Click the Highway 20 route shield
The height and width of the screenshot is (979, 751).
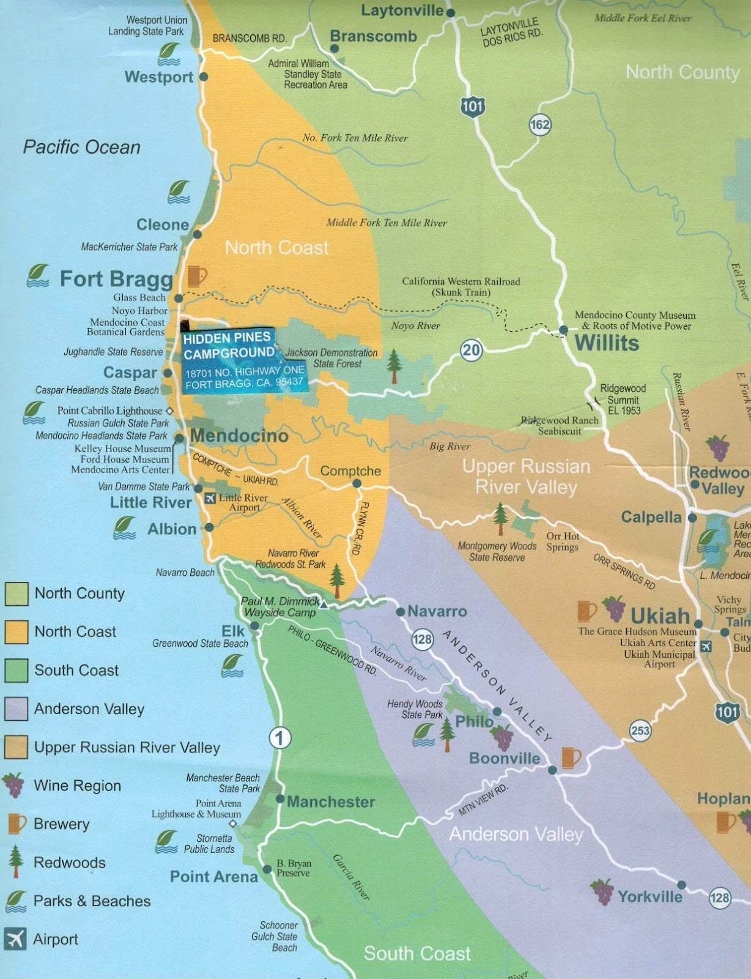(471, 350)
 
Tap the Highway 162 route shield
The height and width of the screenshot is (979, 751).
(539, 125)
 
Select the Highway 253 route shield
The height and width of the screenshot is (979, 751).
(640, 730)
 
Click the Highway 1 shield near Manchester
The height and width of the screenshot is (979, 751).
(279, 738)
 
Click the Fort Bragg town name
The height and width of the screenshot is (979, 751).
(116, 279)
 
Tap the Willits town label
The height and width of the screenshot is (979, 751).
(607, 343)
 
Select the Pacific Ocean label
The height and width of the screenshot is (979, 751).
(82, 147)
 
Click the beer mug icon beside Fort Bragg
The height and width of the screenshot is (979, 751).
(197, 276)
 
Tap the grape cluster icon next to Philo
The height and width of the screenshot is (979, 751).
(503, 737)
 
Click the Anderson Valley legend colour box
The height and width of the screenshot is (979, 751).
(16, 709)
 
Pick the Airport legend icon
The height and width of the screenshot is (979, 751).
(15, 939)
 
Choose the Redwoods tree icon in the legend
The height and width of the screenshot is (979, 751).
(16, 862)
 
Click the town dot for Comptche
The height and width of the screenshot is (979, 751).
(357, 483)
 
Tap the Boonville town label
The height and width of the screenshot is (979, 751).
(505, 759)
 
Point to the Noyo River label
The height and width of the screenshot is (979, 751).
(415, 326)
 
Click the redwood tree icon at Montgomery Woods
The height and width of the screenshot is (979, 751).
(500, 518)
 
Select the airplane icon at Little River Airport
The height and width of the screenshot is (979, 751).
(210, 498)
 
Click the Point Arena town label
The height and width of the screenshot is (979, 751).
(213, 877)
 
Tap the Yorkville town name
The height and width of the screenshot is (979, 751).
(649, 897)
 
